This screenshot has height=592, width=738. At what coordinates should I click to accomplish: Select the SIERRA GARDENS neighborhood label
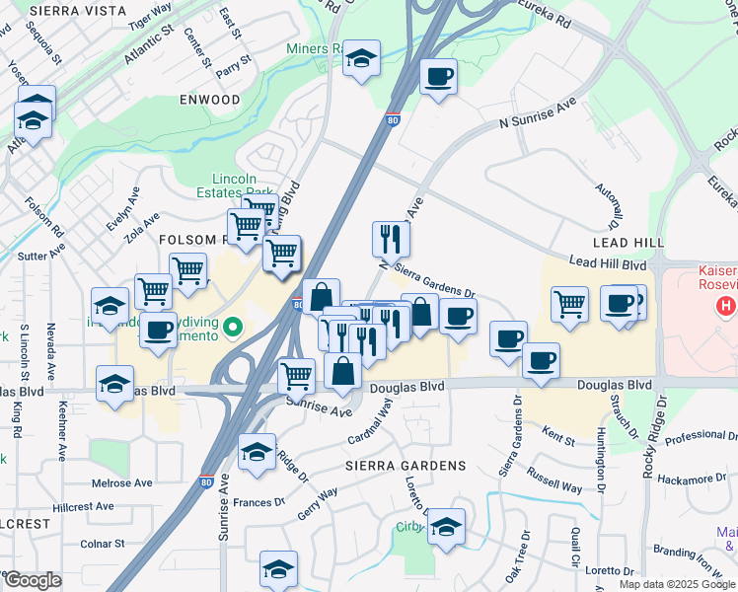tap(405, 465)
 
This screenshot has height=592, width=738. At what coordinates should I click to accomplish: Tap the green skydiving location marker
tap(233, 326)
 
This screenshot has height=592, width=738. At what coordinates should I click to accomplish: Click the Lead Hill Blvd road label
tap(607, 264)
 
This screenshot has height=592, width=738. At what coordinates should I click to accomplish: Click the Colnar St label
tap(103, 544)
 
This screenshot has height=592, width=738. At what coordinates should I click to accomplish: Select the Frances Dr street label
tap(259, 502)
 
